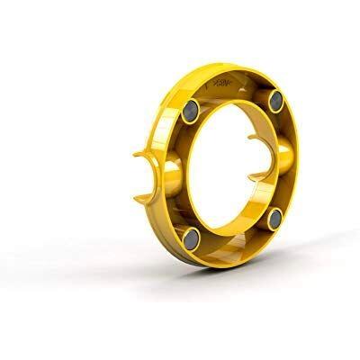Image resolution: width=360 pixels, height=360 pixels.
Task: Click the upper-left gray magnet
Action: click(193, 113)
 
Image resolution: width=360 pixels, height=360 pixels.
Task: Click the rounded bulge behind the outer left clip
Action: click(171, 175)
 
